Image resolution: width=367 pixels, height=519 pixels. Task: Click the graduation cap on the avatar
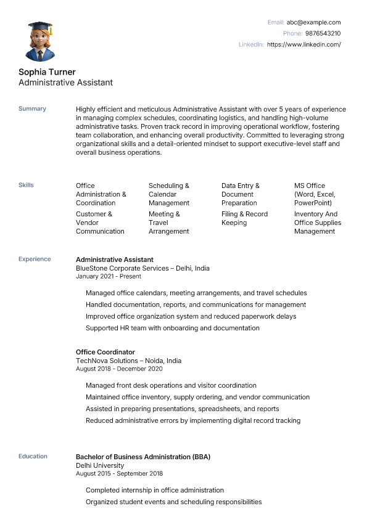(40, 27)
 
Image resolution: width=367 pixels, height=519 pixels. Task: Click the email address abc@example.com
(313, 22)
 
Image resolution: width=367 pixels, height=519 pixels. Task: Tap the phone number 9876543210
(323, 33)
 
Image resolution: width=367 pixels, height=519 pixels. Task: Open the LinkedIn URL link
(303, 44)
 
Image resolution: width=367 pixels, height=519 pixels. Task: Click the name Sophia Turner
(47, 72)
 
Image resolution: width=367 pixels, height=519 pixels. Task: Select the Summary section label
(32, 108)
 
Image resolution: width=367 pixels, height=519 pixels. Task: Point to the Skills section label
(26, 185)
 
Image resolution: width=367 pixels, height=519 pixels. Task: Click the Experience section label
(35, 259)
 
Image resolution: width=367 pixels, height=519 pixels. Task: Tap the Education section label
(33, 456)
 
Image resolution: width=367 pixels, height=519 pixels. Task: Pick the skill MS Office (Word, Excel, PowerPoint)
(313, 194)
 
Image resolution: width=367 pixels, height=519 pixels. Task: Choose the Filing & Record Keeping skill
(244, 218)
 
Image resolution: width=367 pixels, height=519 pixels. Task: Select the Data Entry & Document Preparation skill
(241, 194)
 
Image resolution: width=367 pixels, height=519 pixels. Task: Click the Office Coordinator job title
(105, 352)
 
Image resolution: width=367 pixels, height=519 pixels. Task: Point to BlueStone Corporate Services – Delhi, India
(142, 268)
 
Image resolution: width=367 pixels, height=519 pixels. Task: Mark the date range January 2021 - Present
(109, 276)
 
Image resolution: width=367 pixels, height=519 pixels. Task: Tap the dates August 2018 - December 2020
(119, 369)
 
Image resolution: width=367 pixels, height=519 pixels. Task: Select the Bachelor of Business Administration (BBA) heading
(143, 457)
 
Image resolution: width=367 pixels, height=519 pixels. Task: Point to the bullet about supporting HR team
(173, 328)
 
